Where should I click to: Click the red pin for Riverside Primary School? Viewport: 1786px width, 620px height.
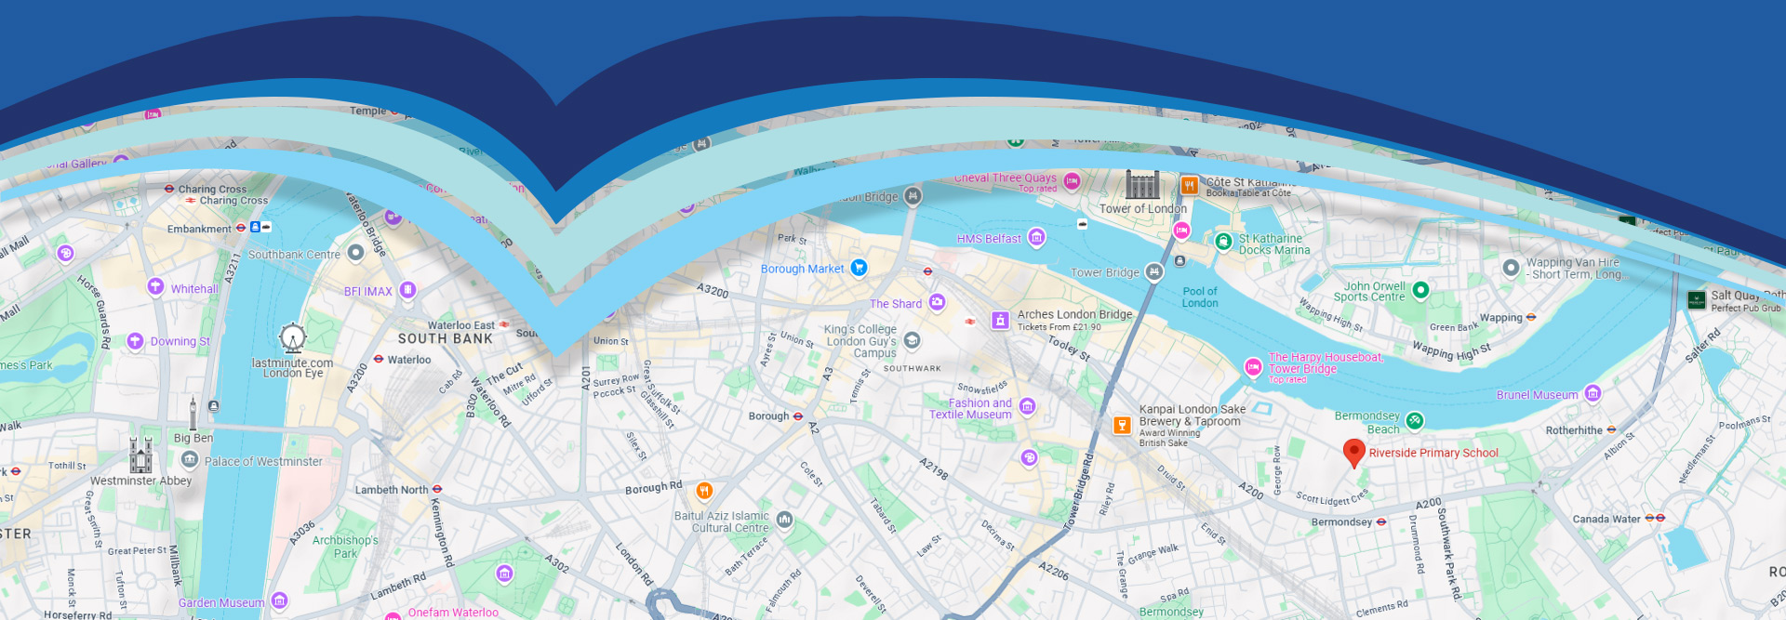pyautogui.click(x=1353, y=452)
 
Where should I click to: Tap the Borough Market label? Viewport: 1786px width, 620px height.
pyautogui.click(x=802, y=270)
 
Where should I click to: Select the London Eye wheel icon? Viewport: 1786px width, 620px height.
pyautogui.click(x=293, y=337)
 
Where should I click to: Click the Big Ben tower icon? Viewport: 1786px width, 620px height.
pyautogui.click(x=193, y=414)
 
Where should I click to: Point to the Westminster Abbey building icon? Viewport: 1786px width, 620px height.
pyautogui.click(x=140, y=455)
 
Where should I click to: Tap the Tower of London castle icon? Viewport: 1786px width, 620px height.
pyautogui.click(x=1142, y=184)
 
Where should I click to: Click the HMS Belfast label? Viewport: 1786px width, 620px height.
pyautogui.click(x=989, y=239)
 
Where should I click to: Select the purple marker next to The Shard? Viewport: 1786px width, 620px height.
pyautogui.click(x=937, y=302)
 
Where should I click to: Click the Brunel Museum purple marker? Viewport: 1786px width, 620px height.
pyautogui.click(x=1593, y=393)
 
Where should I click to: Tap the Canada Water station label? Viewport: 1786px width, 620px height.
pyautogui.click(x=1606, y=519)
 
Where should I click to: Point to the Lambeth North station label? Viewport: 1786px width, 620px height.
pyautogui.click(x=392, y=490)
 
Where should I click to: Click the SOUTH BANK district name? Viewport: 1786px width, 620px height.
pyautogui.click(x=445, y=339)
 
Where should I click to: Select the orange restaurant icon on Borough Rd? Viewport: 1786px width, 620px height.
pyautogui.click(x=704, y=490)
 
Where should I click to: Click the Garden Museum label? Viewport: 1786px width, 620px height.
pyautogui.click(x=221, y=603)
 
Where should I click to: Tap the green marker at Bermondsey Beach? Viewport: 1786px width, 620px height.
pyautogui.click(x=1414, y=420)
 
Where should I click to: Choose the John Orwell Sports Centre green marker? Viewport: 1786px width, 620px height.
pyautogui.click(x=1420, y=290)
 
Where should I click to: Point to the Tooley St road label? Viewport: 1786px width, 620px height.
pyautogui.click(x=1069, y=347)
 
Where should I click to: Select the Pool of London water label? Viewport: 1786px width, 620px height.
pyautogui.click(x=1199, y=297)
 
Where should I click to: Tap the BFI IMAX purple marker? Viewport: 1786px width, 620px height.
pyautogui.click(x=407, y=290)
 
